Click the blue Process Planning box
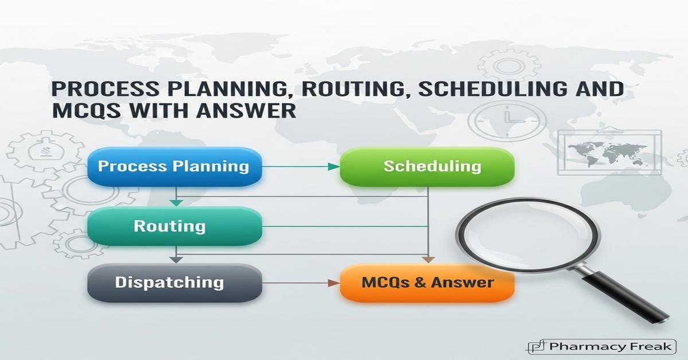tap(173, 167)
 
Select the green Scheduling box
tap(427, 167)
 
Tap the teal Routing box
tap(173, 225)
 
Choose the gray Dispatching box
tap(173, 282)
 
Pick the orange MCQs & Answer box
tap(427, 283)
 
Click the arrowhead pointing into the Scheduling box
tap(333, 167)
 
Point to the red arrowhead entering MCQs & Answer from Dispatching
tap(333, 283)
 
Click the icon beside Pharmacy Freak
tap(536, 346)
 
